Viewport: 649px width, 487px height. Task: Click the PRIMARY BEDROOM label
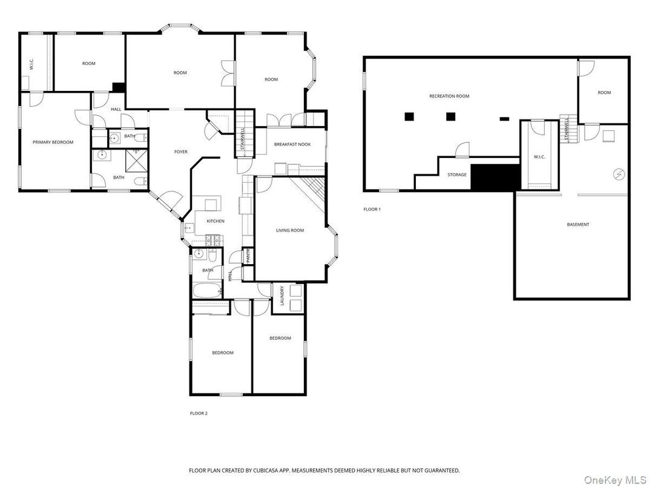53,142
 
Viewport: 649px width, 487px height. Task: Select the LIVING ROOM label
289,230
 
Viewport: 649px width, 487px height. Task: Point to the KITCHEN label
216,221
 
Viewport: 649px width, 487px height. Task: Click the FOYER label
181,151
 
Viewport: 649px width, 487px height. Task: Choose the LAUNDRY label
282,296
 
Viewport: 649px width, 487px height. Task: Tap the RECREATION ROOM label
449,96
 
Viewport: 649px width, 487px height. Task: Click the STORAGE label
457,175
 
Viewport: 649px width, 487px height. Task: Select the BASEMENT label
578,225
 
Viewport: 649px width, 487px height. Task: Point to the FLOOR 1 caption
372,209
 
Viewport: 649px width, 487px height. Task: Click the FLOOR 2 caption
199,413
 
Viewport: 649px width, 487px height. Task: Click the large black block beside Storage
495,177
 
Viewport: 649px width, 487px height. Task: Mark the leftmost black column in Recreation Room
410,116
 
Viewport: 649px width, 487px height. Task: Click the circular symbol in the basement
618,174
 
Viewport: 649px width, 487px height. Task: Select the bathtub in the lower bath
206,291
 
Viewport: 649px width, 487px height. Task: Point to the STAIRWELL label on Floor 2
243,140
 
